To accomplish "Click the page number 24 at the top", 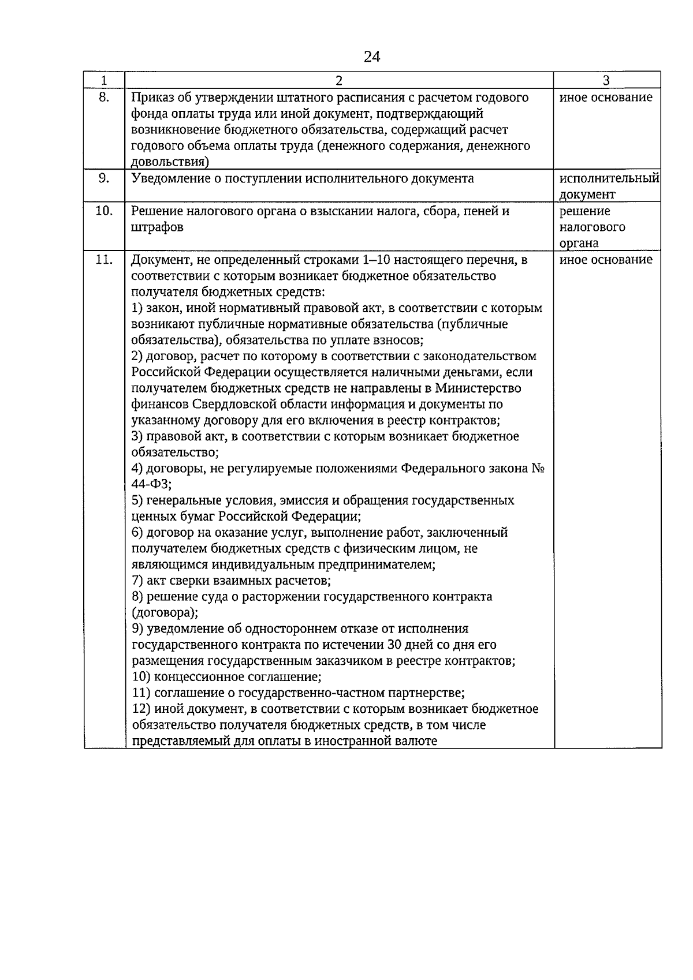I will click(x=372, y=57).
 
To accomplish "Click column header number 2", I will click(x=339, y=81).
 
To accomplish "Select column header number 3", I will click(x=606, y=81).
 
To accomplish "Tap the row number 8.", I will click(x=104, y=97).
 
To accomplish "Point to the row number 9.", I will click(x=104, y=178).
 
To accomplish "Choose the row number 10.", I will click(x=104, y=211).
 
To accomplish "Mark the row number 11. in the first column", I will click(x=104, y=260).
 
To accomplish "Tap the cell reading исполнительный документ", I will click(x=609, y=186).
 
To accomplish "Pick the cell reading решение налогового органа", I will click(x=592, y=227).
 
